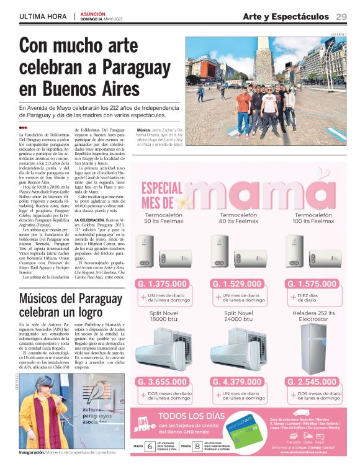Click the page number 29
(x=341, y=16)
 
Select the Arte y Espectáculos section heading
(x=286, y=16)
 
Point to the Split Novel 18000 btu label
(x=164, y=316)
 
